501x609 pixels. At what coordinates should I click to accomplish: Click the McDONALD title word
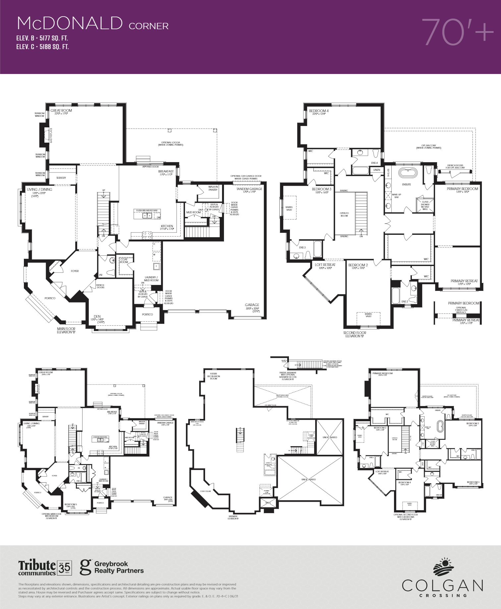tap(70, 24)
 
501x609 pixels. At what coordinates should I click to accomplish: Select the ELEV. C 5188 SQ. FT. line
tap(43, 47)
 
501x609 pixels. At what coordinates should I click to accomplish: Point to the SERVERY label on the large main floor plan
tap(61, 178)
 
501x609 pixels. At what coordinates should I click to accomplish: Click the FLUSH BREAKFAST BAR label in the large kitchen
tap(146, 211)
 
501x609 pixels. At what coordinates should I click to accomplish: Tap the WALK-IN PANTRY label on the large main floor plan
tap(213, 188)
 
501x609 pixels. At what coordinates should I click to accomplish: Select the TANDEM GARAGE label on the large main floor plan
tap(249, 189)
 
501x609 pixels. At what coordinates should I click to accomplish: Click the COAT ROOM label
tap(124, 261)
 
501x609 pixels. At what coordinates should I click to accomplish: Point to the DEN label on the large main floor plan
tap(97, 316)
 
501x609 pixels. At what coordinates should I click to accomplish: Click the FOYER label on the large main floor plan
tap(75, 271)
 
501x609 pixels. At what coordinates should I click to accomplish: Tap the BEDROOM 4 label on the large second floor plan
tap(319, 111)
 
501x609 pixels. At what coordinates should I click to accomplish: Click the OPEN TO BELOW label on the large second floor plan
tap(344, 214)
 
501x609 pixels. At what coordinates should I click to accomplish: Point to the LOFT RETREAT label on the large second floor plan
tap(325, 265)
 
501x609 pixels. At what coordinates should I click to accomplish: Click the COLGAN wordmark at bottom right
tap(442, 586)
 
